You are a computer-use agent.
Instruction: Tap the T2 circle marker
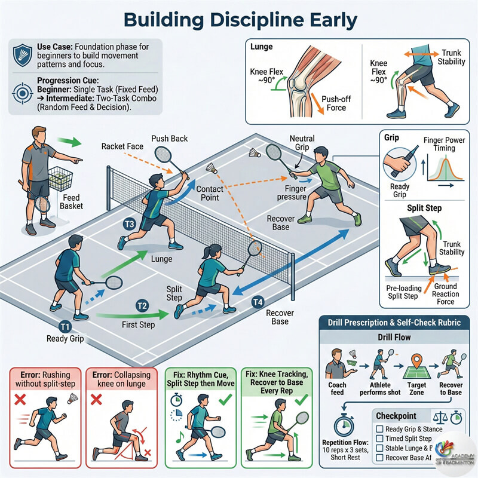pyautogui.click(x=142, y=305)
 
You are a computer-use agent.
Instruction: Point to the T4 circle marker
pyautogui.click(x=258, y=302)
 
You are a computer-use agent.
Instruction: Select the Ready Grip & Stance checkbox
pyautogui.click(x=379, y=428)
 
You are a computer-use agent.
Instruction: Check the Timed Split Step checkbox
pyautogui.click(x=379, y=439)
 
